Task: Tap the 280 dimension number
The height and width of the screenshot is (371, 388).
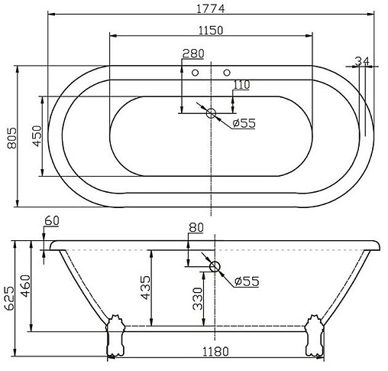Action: click(x=193, y=54)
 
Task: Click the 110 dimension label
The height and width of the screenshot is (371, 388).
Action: click(x=241, y=85)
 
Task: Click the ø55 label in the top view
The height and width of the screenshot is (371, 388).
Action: click(x=242, y=123)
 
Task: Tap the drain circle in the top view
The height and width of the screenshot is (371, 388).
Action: click(x=212, y=114)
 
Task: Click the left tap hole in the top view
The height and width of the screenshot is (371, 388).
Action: click(x=196, y=73)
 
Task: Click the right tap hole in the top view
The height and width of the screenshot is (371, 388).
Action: click(x=226, y=73)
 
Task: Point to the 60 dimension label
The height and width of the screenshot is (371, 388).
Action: click(x=52, y=222)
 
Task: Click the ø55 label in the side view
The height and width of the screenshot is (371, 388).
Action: click(x=246, y=282)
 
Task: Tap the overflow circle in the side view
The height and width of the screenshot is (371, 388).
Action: click(x=215, y=268)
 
